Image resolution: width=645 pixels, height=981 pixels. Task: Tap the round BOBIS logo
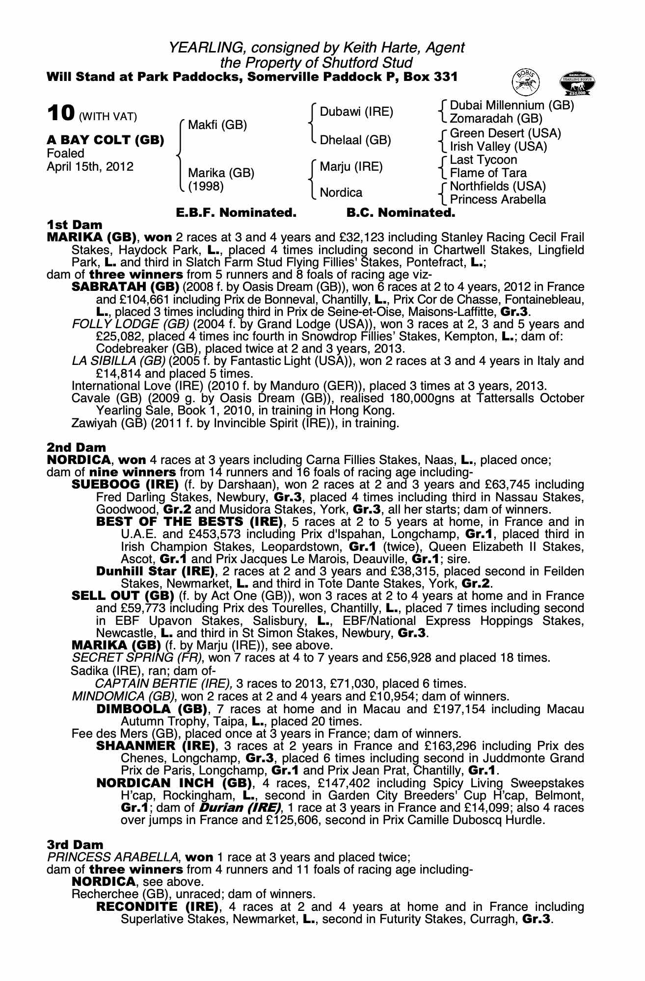click(x=525, y=81)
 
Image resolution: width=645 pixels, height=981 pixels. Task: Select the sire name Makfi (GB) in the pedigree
click(x=217, y=125)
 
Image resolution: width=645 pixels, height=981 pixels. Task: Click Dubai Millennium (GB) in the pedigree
click(x=511, y=105)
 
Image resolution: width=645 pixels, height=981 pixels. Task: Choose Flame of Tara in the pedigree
click(x=488, y=173)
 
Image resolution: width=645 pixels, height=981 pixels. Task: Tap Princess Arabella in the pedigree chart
click(x=498, y=200)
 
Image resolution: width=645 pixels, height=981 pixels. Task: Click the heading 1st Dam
click(x=75, y=225)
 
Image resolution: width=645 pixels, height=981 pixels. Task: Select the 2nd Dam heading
click(x=76, y=447)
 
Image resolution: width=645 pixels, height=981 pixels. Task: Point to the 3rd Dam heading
click(x=75, y=845)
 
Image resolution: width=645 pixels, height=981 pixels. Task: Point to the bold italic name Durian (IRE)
click(x=239, y=808)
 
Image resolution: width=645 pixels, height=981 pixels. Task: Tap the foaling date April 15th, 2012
click(x=90, y=167)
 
